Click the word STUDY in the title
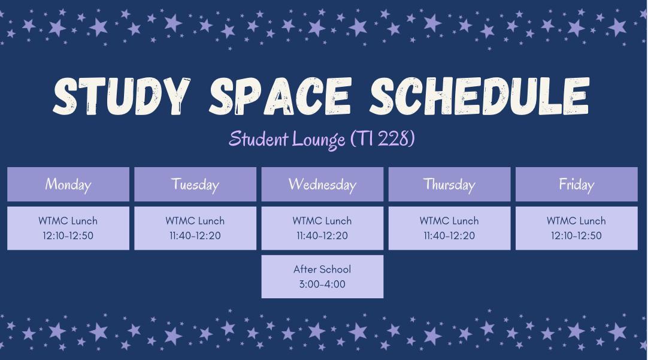[x=122, y=96]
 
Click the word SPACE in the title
[x=280, y=96]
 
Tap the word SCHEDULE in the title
[x=479, y=96]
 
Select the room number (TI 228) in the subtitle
[x=382, y=138]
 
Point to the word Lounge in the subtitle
[x=318, y=140]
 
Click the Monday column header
[x=68, y=184]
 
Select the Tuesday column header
[x=195, y=184]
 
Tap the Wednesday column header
[x=322, y=184]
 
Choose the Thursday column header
[x=449, y=184]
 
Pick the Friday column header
[x=577, y=184]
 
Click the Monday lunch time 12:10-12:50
[x=68, y=235]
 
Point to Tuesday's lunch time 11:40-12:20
[x=195, y=235]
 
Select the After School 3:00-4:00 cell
[x=322, y=277]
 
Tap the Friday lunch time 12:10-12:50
[x=577, y=235]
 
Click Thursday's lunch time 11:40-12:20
[x=449, y=235]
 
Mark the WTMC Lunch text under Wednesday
[x=322, y=220]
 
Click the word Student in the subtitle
[x=258, y=138]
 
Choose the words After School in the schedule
[x=322, y=269]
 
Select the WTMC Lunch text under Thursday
[x=449, y=220]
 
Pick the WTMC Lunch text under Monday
[x=68, y=220]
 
